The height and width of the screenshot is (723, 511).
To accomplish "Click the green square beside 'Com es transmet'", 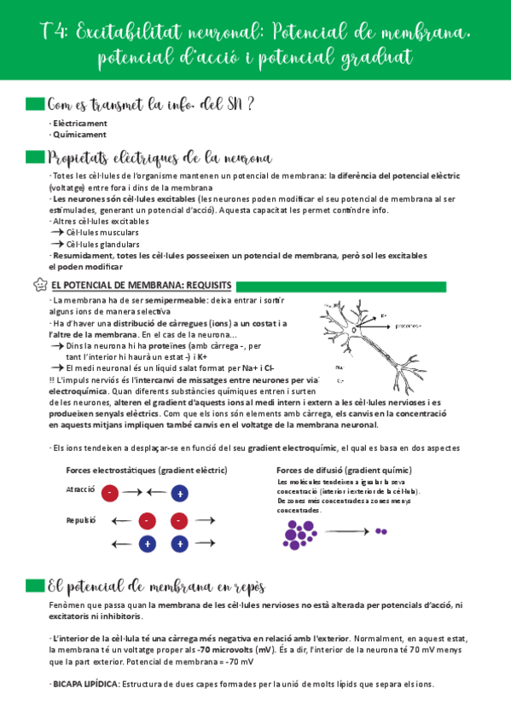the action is pyautogui.click(x=34, y=104).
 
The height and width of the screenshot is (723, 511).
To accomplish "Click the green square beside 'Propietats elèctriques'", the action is pyautogui.click(x=34, y=158).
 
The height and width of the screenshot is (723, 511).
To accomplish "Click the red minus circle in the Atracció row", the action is pyautogui.click(x=110, y=493).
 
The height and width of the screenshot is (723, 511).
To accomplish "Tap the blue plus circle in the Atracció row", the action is pyautogui.click(x=179, y=493).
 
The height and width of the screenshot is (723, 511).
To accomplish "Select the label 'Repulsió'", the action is pyautogui.click(x=81, y=519).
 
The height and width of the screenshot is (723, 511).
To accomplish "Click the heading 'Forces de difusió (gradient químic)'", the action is pyautogui.click(x=343, y=470).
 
